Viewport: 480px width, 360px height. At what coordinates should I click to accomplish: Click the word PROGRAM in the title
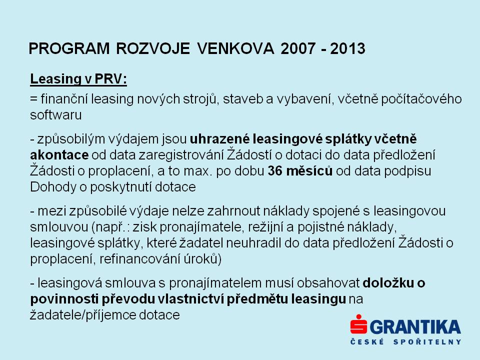tap(69, 48)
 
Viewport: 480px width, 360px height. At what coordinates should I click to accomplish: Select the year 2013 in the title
tap(348, 48)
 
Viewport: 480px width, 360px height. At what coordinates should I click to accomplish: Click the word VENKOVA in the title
tap(235, 48)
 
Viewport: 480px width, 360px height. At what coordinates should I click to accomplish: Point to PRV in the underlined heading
tap(110, 79)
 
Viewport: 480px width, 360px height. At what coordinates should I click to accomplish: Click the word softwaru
tap(55, 115)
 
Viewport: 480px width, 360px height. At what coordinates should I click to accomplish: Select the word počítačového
tap(421, 99)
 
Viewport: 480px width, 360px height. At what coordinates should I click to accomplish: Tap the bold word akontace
tap(59, 155)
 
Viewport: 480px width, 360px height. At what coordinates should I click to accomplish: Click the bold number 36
tap(275, 171)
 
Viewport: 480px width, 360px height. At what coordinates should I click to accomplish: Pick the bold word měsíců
tap(309, 171)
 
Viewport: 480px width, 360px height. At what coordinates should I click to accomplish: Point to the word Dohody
tap(53, 187)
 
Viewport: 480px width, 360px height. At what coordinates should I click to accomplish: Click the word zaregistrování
tap(180, 155)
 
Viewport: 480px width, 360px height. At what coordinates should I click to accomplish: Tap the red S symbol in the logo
tap(358, 324)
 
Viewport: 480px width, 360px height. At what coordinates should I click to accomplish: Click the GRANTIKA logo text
tap(415, 327)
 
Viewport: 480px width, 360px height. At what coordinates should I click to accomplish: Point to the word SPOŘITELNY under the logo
tap(427, 341)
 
